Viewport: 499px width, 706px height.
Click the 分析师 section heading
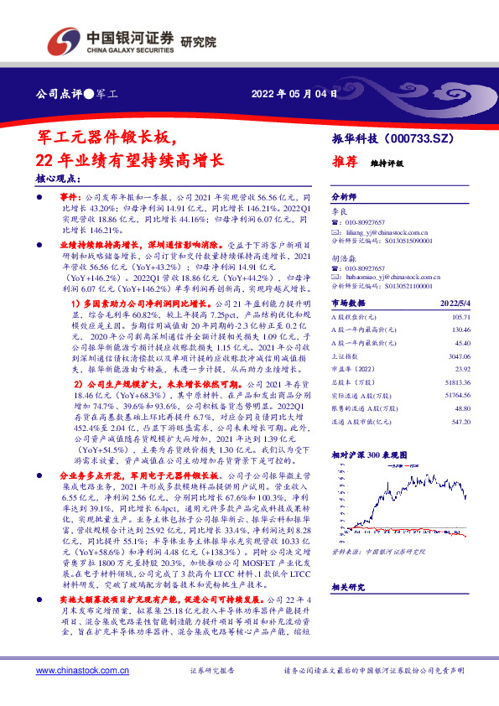coord(344,194)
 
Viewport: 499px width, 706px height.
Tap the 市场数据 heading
coord(346,302)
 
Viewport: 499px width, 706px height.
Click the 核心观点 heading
coord(58,178)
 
